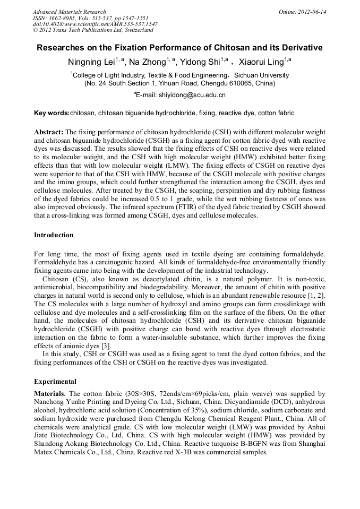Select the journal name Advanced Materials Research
click(x=69, y=12)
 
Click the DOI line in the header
click(x=95, y=24)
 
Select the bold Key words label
click(x=52, y=113)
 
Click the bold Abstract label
click(x=49, y=132)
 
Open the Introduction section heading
click(x=54, y=235)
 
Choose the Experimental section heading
click(x=55, y=381)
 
